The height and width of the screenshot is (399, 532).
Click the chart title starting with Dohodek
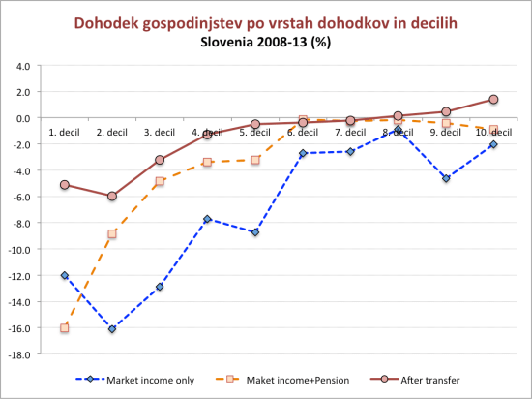point(266,21)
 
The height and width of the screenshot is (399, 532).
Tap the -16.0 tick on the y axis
point(20,328)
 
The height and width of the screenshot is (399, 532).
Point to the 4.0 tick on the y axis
point(22,66)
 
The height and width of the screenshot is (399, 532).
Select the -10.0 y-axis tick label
point(20,249)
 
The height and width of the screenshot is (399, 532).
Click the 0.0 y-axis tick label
point(22,118)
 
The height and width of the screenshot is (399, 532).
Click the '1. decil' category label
point(65,132)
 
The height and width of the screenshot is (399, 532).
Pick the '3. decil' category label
point(160,132)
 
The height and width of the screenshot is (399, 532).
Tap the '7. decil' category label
point(350,132)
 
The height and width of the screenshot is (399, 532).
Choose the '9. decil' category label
point(445,132)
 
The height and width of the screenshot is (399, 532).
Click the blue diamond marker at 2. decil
point(112,329)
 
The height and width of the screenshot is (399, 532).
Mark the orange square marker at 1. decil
point(65,328)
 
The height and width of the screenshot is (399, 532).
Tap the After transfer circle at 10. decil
point(493,100)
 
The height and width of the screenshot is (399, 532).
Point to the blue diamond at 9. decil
point(446,178)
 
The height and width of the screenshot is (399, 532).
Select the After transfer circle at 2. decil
point(112,196)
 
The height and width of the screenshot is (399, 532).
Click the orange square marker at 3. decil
point(160,181)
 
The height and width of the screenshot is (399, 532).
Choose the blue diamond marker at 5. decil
point(255,232)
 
